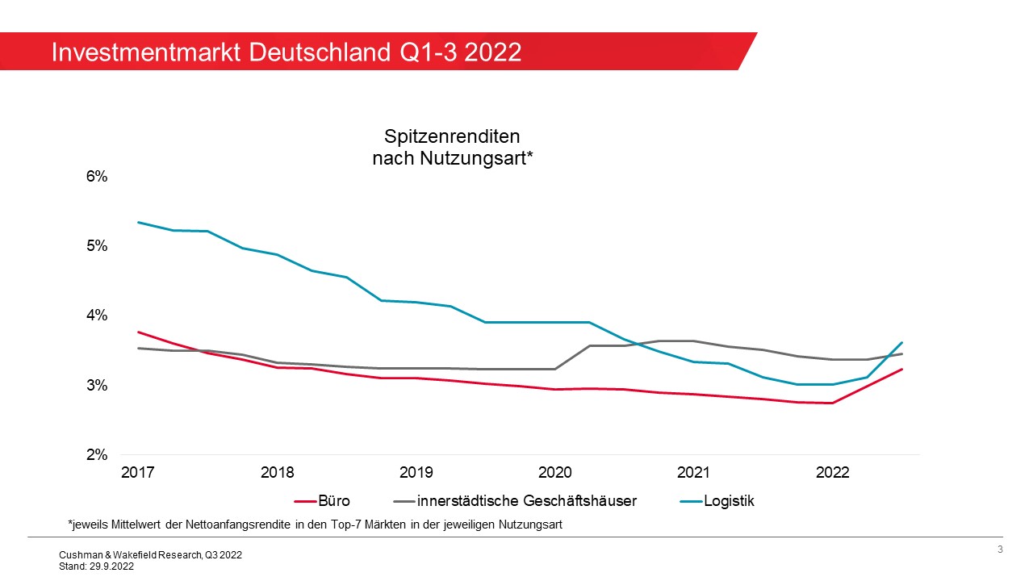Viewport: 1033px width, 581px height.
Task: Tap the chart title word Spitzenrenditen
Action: pos(452,136)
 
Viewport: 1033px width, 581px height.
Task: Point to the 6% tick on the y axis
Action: pos(97,176)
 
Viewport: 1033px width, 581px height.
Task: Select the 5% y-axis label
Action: pos(97,245)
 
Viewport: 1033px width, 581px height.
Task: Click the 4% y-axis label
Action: pos(97,315)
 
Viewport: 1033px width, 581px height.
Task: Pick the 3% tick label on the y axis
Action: pos(97,385)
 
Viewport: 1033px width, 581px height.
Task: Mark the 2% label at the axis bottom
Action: pos(97,454)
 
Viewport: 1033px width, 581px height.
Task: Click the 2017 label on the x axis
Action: pos(137,473)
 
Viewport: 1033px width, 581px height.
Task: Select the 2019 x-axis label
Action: pos(416,473)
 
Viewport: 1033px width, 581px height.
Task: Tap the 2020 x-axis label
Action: pos(554,473)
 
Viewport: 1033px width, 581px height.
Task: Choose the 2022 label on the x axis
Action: pos(832,473)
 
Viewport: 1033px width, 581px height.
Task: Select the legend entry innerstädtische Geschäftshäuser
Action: pos(526,501)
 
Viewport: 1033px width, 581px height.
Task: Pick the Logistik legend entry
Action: pos(729,501)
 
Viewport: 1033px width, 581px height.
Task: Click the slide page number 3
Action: pos(1000,550)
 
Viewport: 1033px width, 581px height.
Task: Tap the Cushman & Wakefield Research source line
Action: pos(150,555)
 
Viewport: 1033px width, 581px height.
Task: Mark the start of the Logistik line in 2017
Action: pos(138,222)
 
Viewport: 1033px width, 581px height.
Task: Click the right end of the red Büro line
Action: pos(901,370)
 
